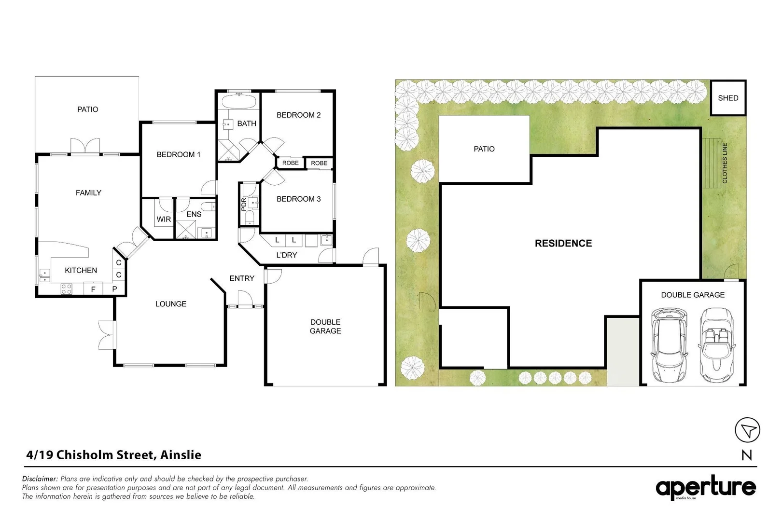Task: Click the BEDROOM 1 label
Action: point(178,155)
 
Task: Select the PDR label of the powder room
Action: point(244,204)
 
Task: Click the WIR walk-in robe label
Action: point(164,219)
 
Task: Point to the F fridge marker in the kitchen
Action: point(93,289)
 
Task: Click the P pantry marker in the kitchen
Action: point(114,289)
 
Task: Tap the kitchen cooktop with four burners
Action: point(66,289)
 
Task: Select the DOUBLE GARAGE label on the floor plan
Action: point(325,327)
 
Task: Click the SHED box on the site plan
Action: point(728,98)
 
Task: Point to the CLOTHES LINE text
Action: point(725,163)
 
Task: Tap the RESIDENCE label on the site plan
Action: point(563,244)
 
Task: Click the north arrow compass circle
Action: point(747,430)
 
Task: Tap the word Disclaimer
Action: point(40,479)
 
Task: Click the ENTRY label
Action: point(242,278)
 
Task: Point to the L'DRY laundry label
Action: point(286,255)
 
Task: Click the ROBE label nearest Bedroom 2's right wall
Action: point(319,163)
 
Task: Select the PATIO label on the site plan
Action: point(484,149)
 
